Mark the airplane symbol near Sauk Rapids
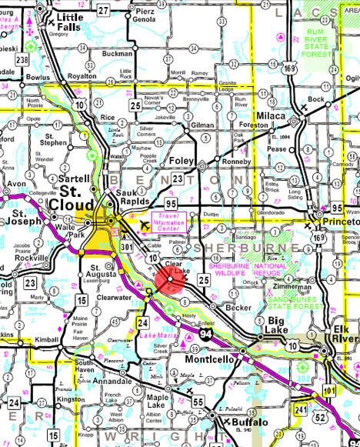146,224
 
